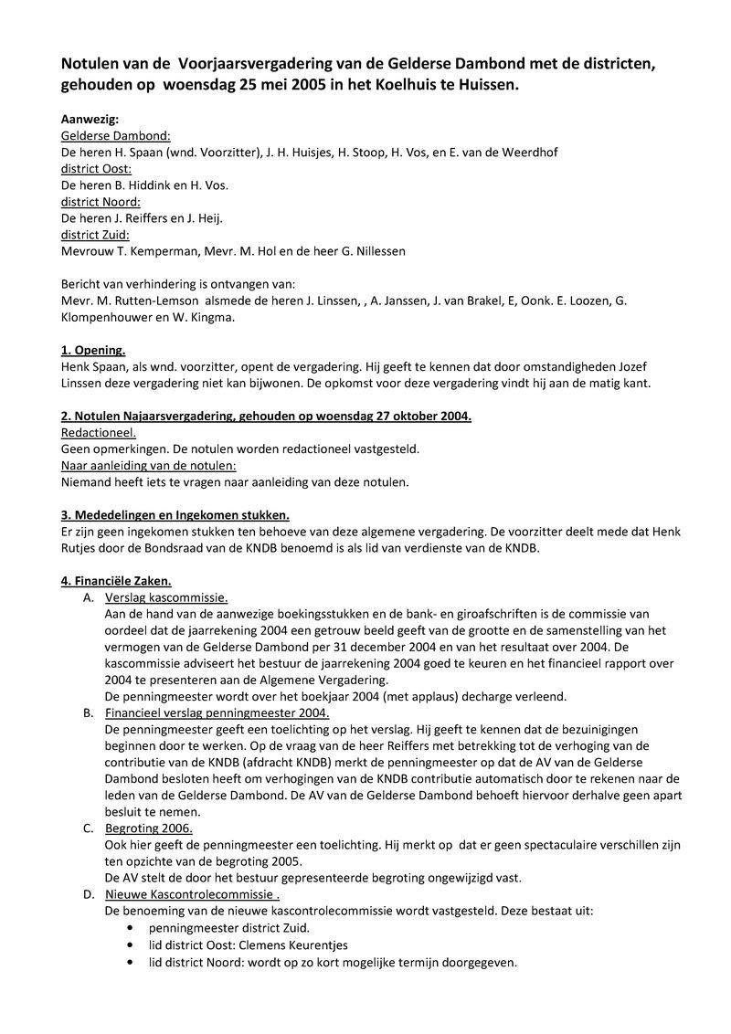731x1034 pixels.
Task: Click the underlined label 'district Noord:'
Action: (101, 201)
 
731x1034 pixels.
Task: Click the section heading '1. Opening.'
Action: (93, 350)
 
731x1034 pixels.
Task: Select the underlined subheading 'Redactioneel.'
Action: (98, 433)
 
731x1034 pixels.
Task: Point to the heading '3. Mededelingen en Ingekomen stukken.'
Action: (175, 515)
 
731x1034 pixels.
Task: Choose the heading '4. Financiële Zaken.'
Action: (116, 581)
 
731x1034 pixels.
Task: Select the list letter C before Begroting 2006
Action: (88, 828)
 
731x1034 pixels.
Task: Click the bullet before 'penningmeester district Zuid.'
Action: (135, 928)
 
